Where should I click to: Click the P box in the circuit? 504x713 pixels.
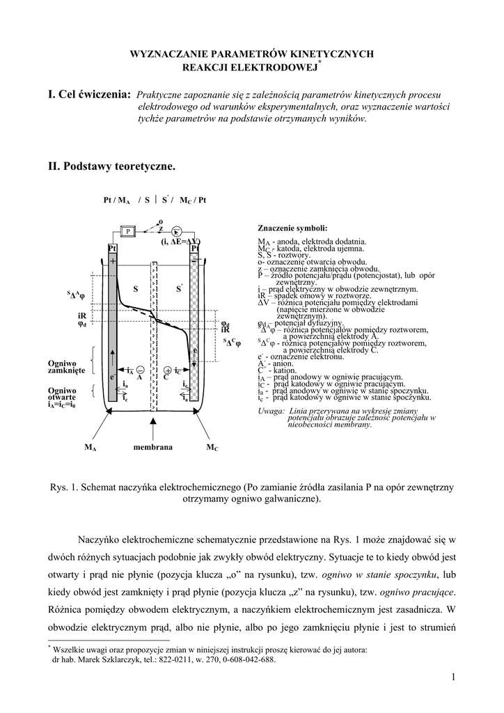(x=128, y=231)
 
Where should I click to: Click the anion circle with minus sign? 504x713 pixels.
(x=141, y=370)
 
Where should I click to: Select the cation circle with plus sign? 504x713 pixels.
(x=167, y=370)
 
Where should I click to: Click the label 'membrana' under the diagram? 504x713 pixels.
(x=152, y=447)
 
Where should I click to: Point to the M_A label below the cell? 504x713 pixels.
(x=90, y=448)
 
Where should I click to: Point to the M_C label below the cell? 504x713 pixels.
(x=212, y=448)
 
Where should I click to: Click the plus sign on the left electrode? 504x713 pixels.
(x=112, y=260)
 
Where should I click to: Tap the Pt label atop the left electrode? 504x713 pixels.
(x=112, y=249)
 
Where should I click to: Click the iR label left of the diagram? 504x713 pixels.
(x=81, y=315)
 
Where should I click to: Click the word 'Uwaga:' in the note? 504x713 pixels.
(x=270, y=412)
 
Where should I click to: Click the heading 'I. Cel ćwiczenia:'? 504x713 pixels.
(x=88, y=94)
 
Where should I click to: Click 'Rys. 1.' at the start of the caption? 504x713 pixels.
(x=65, y=487)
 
